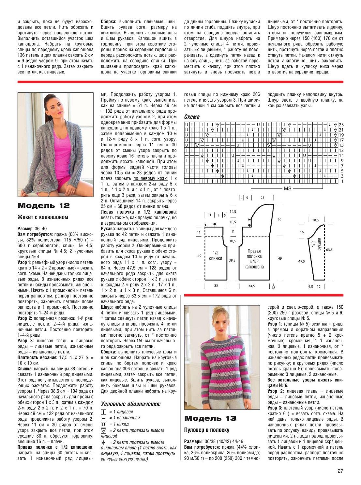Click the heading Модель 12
[43, 206]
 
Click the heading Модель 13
[210, 419]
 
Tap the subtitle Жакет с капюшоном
[43, 217]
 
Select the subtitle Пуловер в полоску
[207, 430]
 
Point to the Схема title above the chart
[192, 117]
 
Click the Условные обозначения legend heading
[131, 404]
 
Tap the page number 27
[340, 471]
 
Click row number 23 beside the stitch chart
[341, 125]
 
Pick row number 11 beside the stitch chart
[341, 155]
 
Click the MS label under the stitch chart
[288, 188]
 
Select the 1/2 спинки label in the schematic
[216, 255]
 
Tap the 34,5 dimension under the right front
[251, 286]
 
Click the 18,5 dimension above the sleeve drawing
[315, 220]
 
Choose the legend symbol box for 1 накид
[104, 424]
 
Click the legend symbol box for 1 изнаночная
[104, 418]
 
